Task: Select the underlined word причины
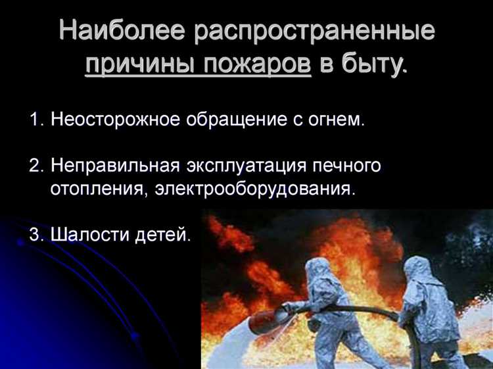coord(135,65)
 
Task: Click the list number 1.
coord(35,120)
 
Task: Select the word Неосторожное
coord(118,120)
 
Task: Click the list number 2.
coord(35,166)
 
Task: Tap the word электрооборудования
coord(258,189)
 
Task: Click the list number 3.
coord(35,235)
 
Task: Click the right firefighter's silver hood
coord(416,270)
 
